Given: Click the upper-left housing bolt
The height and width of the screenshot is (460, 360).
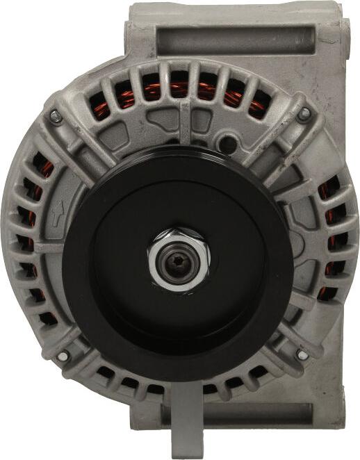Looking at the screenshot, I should tap(56, 116).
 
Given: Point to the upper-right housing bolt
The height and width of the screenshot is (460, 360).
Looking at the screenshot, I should tap(305, 112).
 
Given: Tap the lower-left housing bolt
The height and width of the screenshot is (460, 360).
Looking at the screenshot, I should tap(63, 356).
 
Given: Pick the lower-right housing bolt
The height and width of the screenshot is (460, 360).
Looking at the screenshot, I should tap(302, 354).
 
